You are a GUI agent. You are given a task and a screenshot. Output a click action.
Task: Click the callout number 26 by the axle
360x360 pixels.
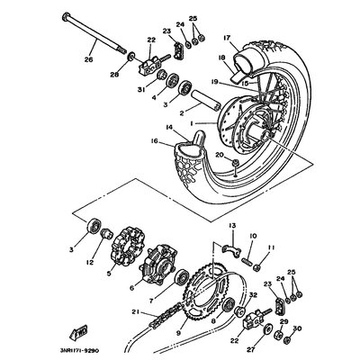point(88,59)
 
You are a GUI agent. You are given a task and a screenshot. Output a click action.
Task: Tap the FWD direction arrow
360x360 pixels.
point(78,332)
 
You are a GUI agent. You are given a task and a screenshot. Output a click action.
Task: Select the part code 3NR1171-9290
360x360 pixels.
point(79,350)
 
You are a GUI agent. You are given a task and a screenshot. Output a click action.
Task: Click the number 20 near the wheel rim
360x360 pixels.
point(220,155)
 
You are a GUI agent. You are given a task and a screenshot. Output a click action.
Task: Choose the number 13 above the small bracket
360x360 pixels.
point(233,225)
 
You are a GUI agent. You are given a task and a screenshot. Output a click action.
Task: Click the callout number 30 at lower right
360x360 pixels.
point(297,328)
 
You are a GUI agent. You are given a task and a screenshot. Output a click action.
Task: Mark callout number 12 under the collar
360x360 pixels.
point(90,262)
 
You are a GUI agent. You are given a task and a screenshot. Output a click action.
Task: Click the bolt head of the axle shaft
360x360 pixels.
point(65,16)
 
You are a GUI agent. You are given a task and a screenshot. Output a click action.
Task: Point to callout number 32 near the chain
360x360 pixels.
point(254,295)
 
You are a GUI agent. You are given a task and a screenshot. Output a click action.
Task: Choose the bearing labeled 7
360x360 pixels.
point(182,278)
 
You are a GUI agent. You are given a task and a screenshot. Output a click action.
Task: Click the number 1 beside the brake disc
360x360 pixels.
point(192,123)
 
